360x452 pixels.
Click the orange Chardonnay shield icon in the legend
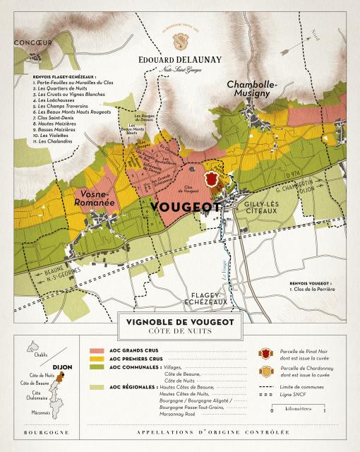point(265,370)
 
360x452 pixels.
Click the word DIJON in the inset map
point(62,367)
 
